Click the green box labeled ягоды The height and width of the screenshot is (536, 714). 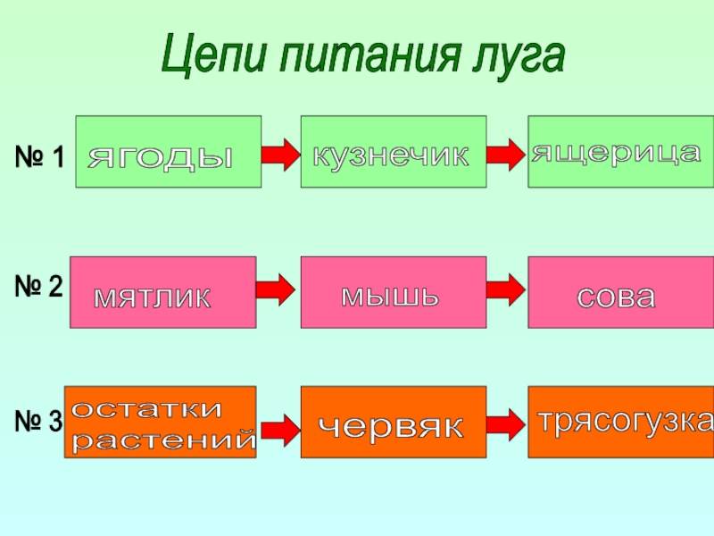tap(168, 151)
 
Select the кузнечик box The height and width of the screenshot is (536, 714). tap(394, 151)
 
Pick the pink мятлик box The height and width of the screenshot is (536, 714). tap(162, 292)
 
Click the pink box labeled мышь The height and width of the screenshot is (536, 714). tap(394, 292)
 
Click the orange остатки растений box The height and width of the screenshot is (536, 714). tap(160, 423)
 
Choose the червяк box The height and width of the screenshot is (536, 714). tap(394, 423)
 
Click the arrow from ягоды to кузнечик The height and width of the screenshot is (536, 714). tap(280, 155)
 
